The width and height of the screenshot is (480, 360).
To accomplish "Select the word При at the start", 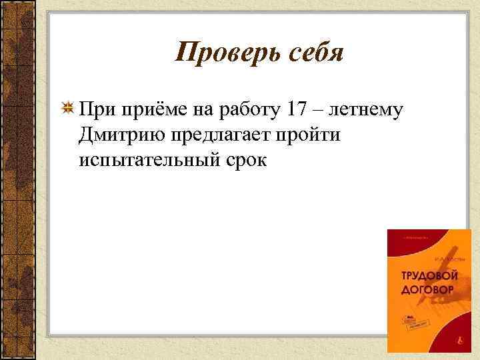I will [93, 109].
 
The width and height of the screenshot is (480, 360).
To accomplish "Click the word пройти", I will [309, 135].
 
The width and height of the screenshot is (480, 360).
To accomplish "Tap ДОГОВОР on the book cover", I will [427, 290].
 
